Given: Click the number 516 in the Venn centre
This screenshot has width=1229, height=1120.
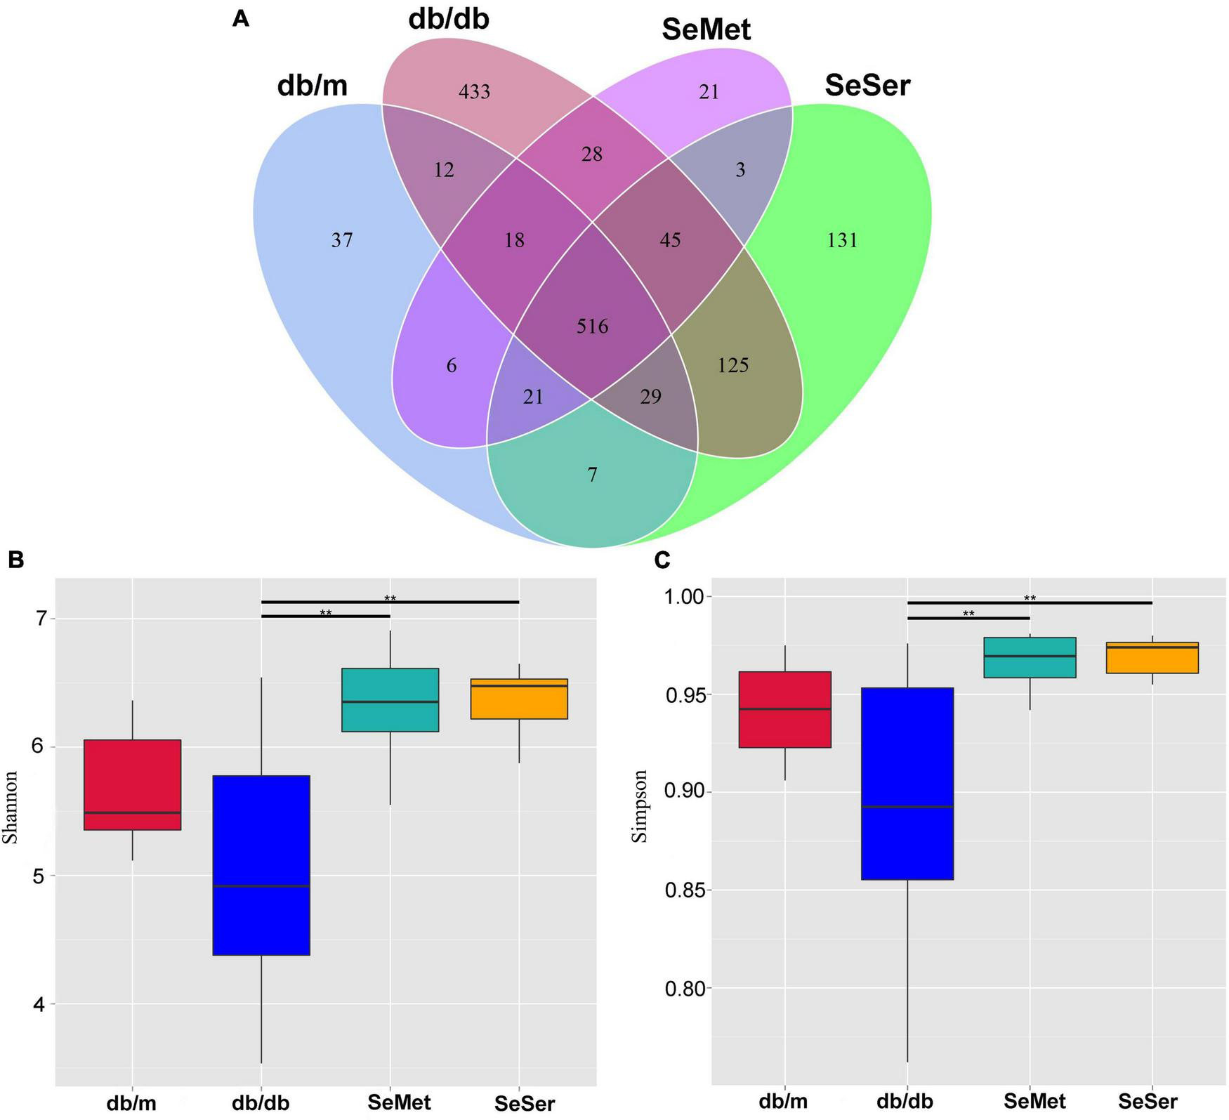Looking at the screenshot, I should click(592, 327).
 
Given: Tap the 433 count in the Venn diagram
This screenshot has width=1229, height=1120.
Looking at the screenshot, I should click(474, 92).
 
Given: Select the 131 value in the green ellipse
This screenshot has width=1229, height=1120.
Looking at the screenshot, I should click(842, 241).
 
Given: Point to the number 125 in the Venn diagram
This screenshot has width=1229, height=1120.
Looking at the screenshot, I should click(732, 366).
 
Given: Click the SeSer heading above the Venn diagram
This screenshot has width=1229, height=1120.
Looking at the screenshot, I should click(867, 86).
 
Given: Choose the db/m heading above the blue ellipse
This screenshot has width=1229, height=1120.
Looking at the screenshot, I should click(313, 86).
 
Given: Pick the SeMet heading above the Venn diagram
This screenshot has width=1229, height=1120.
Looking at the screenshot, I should click(706, 29).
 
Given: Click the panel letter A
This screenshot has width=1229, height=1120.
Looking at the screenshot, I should click(240, 20).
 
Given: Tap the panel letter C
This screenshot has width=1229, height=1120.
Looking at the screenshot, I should click(662, 560).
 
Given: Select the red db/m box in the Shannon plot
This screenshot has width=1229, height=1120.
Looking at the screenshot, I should click(132, 784).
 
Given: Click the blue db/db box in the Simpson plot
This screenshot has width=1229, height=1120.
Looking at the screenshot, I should click(907, 783).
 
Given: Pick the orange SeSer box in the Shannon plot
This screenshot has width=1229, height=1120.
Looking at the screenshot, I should click(518, 699).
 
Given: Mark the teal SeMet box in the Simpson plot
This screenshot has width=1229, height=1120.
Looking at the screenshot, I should click(1030, 657).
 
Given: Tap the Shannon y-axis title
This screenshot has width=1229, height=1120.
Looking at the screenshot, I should click(10, 807).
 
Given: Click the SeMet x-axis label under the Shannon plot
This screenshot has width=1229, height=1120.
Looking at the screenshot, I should click(399, 1102).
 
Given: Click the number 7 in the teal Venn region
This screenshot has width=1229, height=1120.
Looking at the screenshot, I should click(592, 475).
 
